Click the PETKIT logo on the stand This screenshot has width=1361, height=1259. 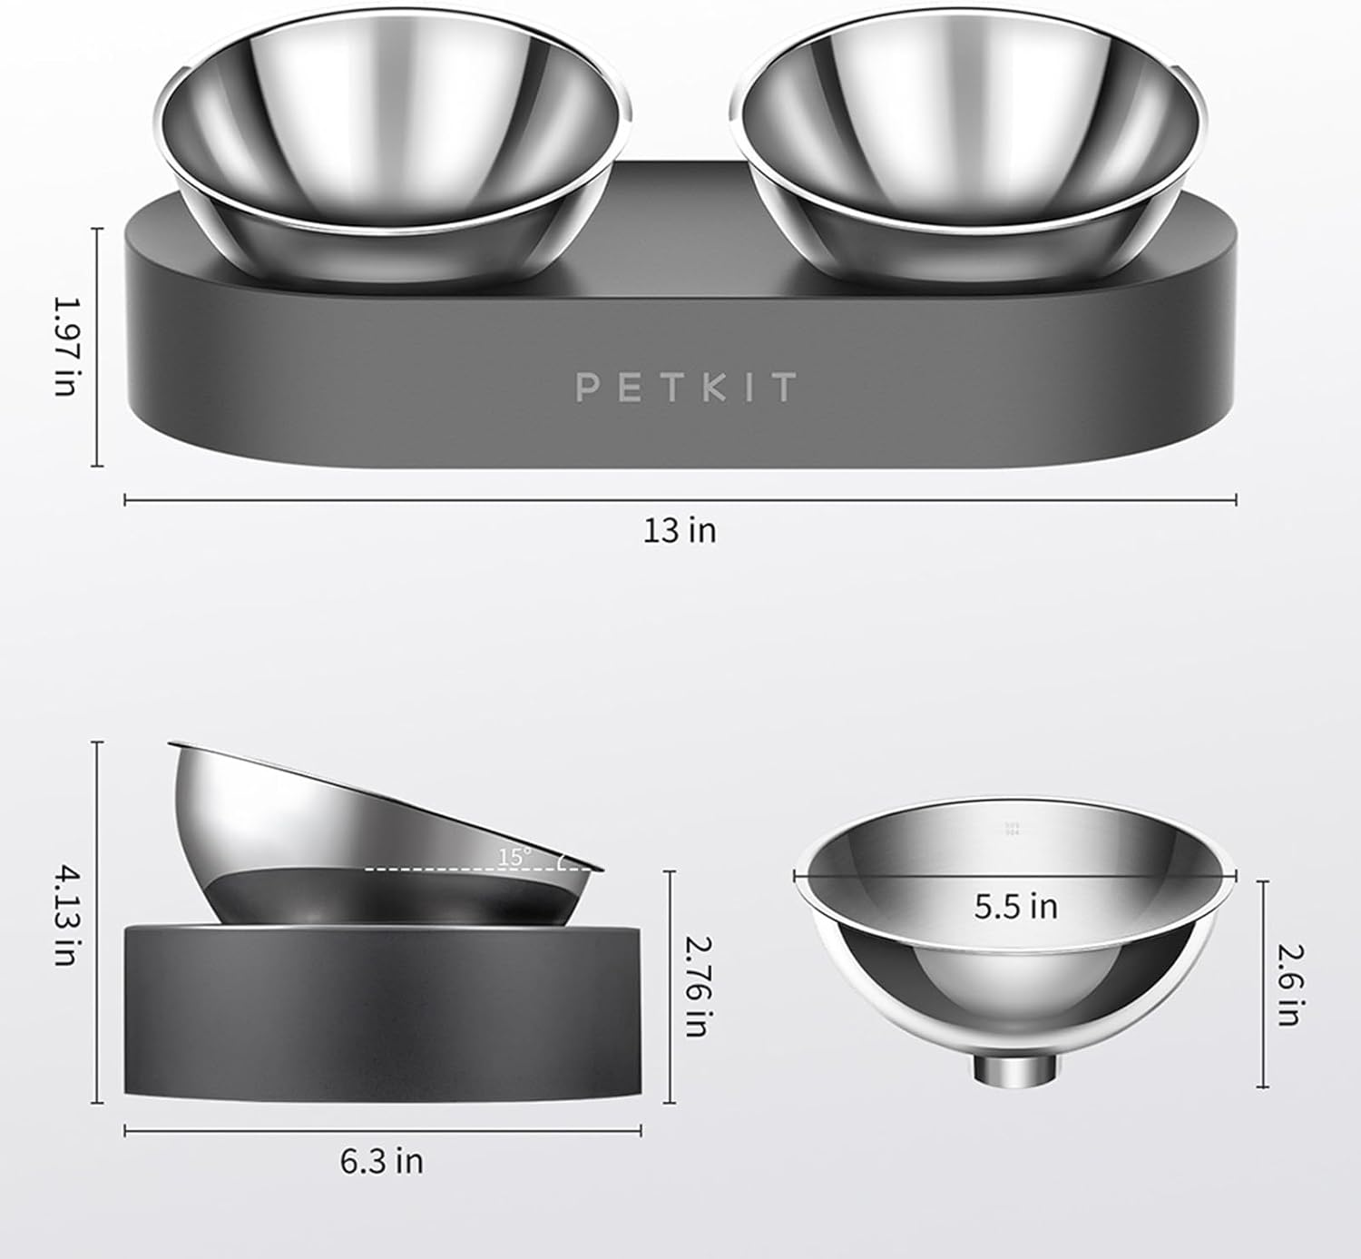point(686,387)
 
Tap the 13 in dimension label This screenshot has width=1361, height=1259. point(680,530)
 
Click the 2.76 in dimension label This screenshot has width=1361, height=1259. point(694,987)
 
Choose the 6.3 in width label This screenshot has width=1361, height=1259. point(382,1161)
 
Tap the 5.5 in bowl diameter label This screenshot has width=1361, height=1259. point(1015,906)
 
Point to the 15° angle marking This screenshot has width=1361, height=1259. point(514,855)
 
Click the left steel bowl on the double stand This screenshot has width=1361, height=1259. point(398,145)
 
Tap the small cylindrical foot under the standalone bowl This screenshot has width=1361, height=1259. point(1015,1069)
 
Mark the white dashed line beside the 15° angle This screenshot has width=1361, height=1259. point(454,869)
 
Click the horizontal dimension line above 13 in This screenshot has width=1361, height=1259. point(680,498)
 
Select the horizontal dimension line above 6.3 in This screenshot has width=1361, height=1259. point(382,1130)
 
